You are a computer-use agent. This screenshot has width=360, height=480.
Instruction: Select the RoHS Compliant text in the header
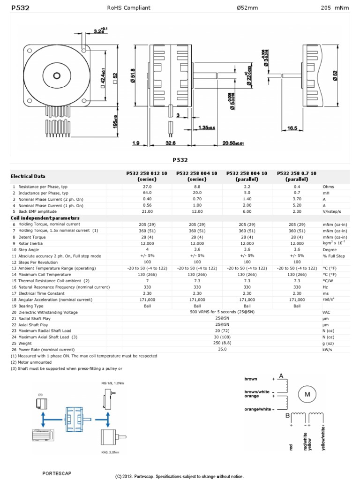(129, 8)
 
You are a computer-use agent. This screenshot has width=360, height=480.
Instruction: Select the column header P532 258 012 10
(147, 176)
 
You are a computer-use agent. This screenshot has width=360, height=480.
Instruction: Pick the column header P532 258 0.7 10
(297, 176)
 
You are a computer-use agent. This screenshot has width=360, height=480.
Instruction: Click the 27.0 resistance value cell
(147, 187)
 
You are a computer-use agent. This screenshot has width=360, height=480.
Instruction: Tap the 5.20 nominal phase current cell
(297, 205)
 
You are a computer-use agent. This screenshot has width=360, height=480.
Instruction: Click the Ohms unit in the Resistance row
(329, 187)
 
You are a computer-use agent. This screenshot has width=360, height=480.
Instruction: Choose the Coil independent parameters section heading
(45, 218)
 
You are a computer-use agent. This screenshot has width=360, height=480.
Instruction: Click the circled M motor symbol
(307, 395)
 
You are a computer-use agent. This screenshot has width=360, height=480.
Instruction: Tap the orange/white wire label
(258, 409)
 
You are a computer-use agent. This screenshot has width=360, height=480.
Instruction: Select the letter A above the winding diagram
(281, 376)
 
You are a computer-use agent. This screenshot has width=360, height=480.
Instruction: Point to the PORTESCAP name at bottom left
(57, 473)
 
